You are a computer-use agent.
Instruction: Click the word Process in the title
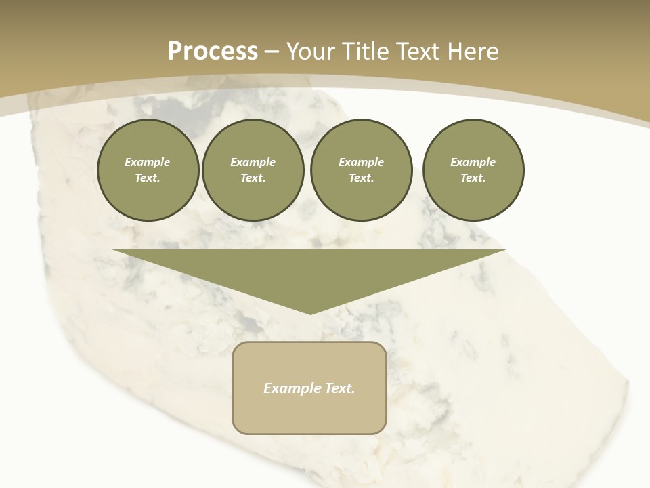(213, 52)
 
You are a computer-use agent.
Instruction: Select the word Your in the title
(312, 52)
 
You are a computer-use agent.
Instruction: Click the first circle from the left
(148, 170)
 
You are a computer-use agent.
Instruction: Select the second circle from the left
(253, 170)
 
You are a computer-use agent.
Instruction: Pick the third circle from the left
(361, 170)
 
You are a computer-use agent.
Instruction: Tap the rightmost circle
(473, 170)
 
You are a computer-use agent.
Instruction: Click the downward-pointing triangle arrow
(309, 271)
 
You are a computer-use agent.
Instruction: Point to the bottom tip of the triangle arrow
(309, 313)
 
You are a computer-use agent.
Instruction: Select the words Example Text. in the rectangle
(309, 388)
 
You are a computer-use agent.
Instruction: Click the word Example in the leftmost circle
(148, 162)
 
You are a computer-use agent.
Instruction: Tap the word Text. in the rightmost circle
(473, 178)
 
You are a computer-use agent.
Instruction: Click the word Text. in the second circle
(253, 178)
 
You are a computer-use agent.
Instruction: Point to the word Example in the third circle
(361, 162)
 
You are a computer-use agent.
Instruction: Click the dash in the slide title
(272, 52)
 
